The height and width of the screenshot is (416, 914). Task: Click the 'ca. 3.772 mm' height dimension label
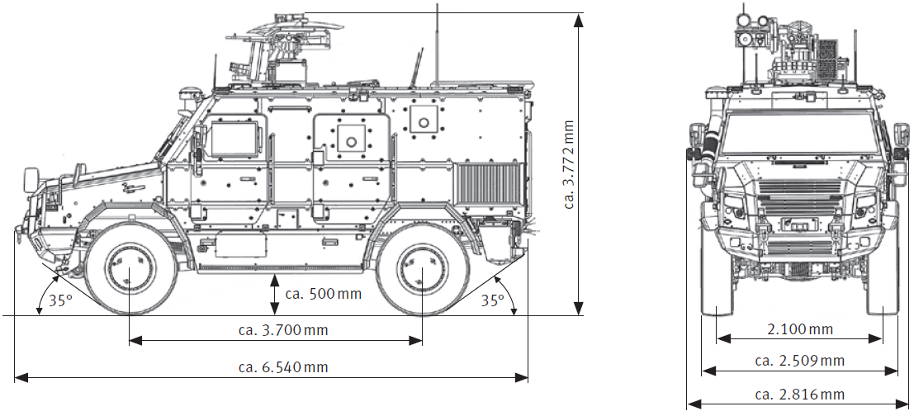pos(569,164)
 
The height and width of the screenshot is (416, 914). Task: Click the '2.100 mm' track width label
pos(799,329)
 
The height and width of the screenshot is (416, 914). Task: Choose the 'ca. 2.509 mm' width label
pos(799,361)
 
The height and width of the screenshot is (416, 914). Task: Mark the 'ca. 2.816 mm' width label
pos(799,394)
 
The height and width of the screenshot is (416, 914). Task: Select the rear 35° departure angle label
pos(493,300)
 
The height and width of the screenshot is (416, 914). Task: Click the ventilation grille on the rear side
pos(490,186)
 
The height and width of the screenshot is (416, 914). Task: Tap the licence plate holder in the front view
pos(798,224)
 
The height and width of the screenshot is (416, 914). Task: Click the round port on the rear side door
pos(350,139)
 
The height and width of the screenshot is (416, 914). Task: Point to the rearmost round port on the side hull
pos(424,121)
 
